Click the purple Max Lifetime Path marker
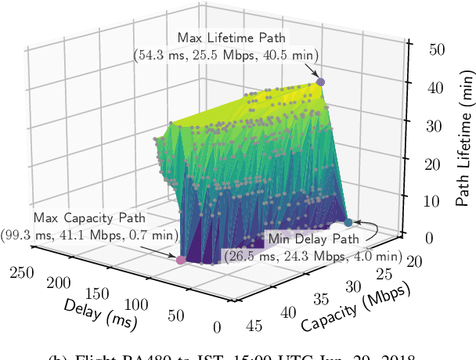click(x=319, y=81)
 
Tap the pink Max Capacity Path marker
click(x=181, y=260)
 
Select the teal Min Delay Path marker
click(x=348, y=222)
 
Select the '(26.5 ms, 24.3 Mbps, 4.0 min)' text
click(x=313, y=255)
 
